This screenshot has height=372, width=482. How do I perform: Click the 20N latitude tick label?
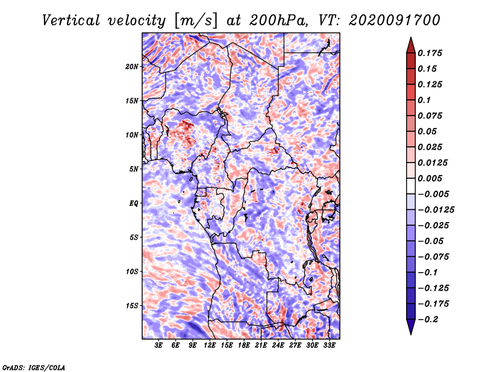pyautogui.click(x=132, y=67)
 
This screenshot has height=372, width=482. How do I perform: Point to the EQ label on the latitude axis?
pyautogui.click(x=133, y=203)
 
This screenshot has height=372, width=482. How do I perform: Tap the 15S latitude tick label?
pyautogui.click(x=132, y=306)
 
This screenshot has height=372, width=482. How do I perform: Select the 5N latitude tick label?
pyautogui.click(x=134, y=169)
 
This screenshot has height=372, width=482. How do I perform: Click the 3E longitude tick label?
pyautogui.click(x=158, y=346)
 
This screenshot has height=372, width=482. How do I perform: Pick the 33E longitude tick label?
pyautogui.click(x=329, y=346)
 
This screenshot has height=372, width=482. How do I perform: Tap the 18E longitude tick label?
pyautogui.click(x=244, y=346)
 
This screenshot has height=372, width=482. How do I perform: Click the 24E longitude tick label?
pyautogui.click(x=278, y=346)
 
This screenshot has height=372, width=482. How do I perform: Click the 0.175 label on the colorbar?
pyautogui.click(x=430, y=53)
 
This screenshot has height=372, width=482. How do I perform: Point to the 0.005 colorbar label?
pyautogui.click(x=430, y=178)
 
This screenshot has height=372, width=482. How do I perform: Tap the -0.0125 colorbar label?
pyautogui.click(x=436, y=210)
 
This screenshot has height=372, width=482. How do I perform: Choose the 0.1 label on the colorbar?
pyautogui.click(x=424, y=100)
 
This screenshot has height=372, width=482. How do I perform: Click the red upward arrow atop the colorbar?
pyautogui.click(x=411, y=46)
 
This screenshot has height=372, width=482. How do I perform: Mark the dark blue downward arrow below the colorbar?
pyautogui.click(x=411, y=327)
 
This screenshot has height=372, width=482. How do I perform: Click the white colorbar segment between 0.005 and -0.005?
pyautogui.click(x=411, y=186)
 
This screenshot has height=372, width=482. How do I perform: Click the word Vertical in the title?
pyautogui.click(x=71, y=20)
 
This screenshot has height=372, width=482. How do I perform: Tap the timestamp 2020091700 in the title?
pyautogui.click(x=395, y=20)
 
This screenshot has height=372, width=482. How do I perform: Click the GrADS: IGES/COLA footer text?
pyautogui.click(x=34, y=367)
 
